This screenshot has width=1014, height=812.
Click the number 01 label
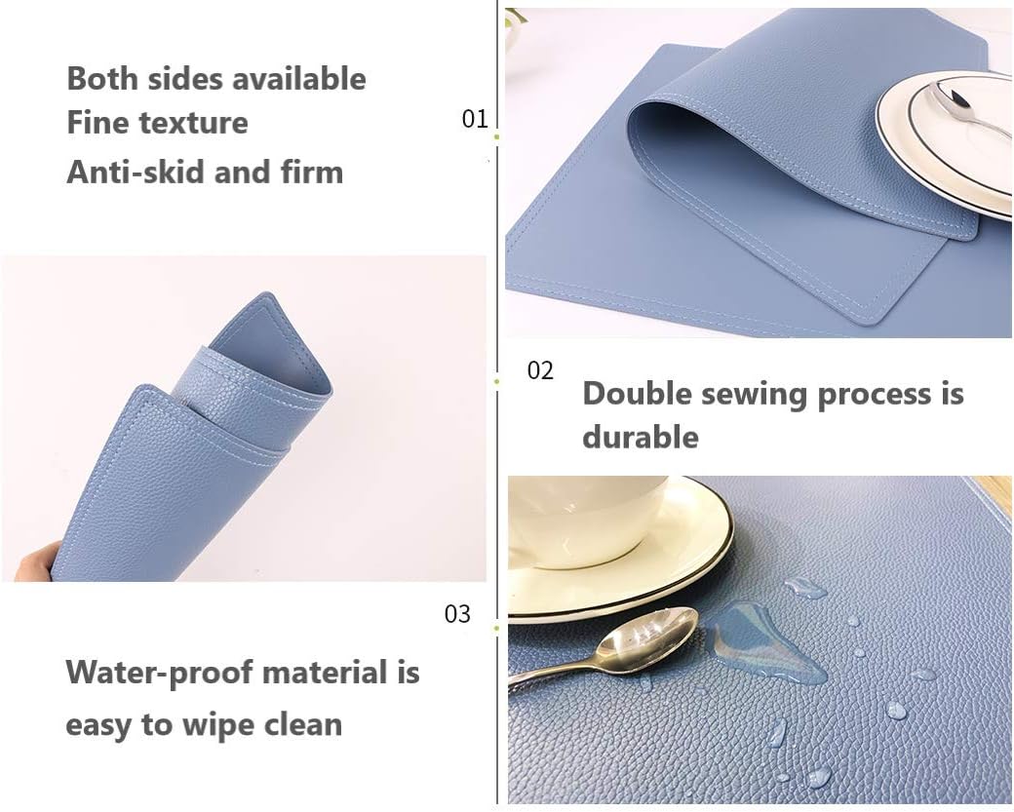click(475, 119)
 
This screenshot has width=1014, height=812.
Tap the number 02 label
click(540, 370)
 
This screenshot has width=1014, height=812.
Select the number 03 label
click(457, 614)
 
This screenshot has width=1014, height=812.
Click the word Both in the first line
click(102, 79)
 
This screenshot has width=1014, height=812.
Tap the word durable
click(641, 437)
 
